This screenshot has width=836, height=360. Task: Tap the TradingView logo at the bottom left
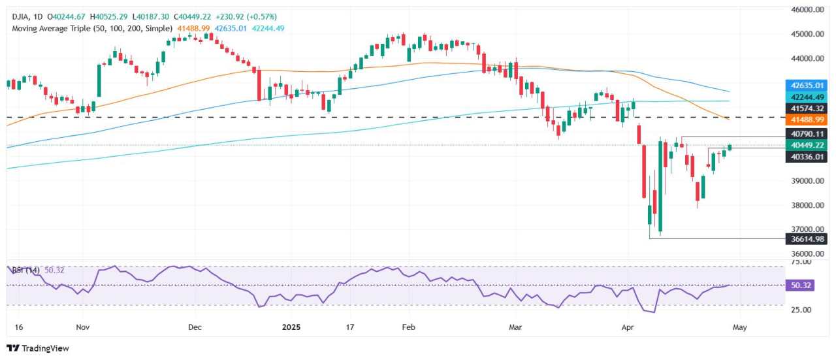pos(37,348)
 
